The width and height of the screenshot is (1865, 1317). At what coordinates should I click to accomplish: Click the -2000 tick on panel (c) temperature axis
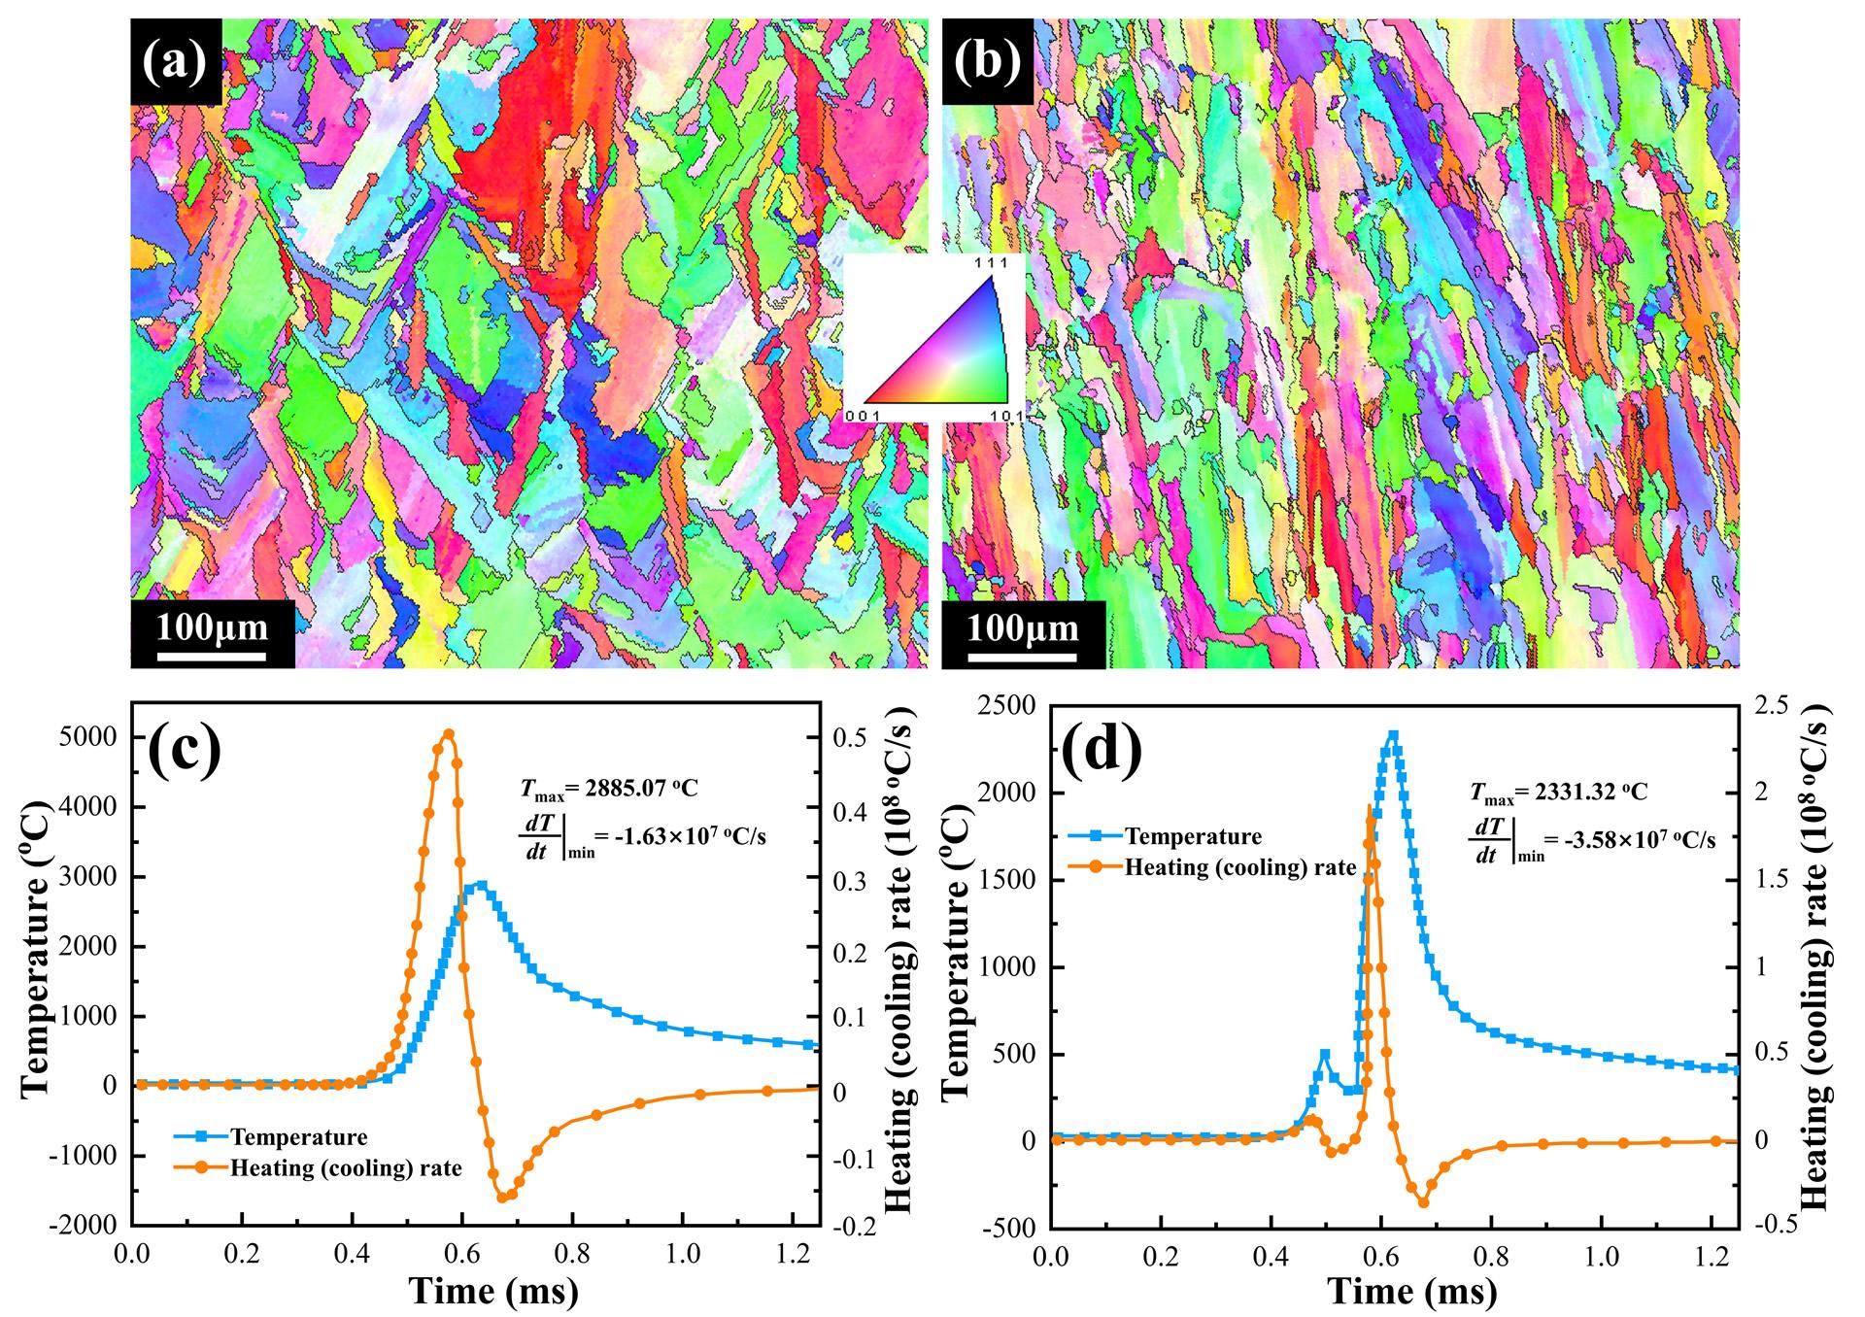[x=87, y=1226]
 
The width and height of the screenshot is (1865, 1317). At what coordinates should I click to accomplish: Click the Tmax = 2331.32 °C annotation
[x=1558, y=793]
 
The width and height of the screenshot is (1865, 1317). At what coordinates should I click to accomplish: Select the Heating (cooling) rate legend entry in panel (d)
[x=1239, y=867]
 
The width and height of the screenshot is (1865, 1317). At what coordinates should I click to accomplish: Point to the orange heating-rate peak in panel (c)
[x=448, y=733]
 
